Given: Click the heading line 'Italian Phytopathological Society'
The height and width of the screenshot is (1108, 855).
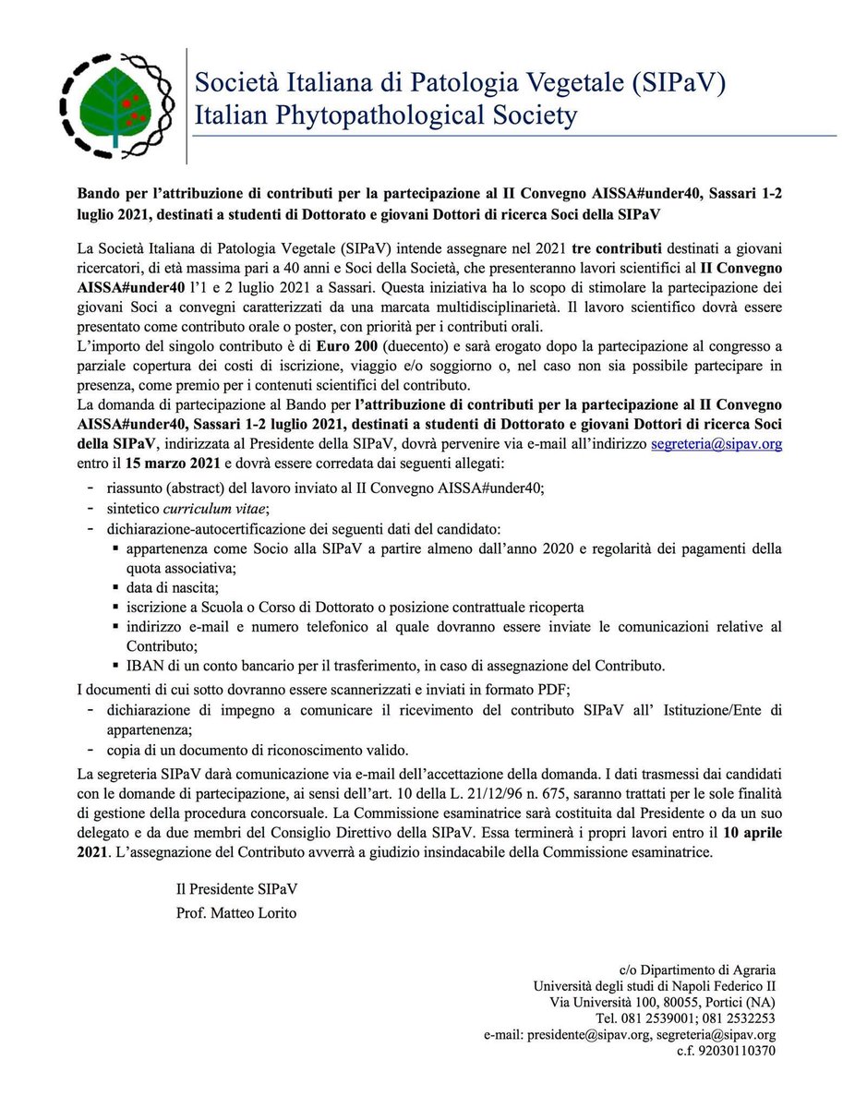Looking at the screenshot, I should [x=386, y=115].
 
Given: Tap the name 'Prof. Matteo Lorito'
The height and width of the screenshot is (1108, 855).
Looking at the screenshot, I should [x=237, y=913].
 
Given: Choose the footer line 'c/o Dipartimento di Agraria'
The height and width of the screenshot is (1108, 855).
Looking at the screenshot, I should [x=698, y=969].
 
